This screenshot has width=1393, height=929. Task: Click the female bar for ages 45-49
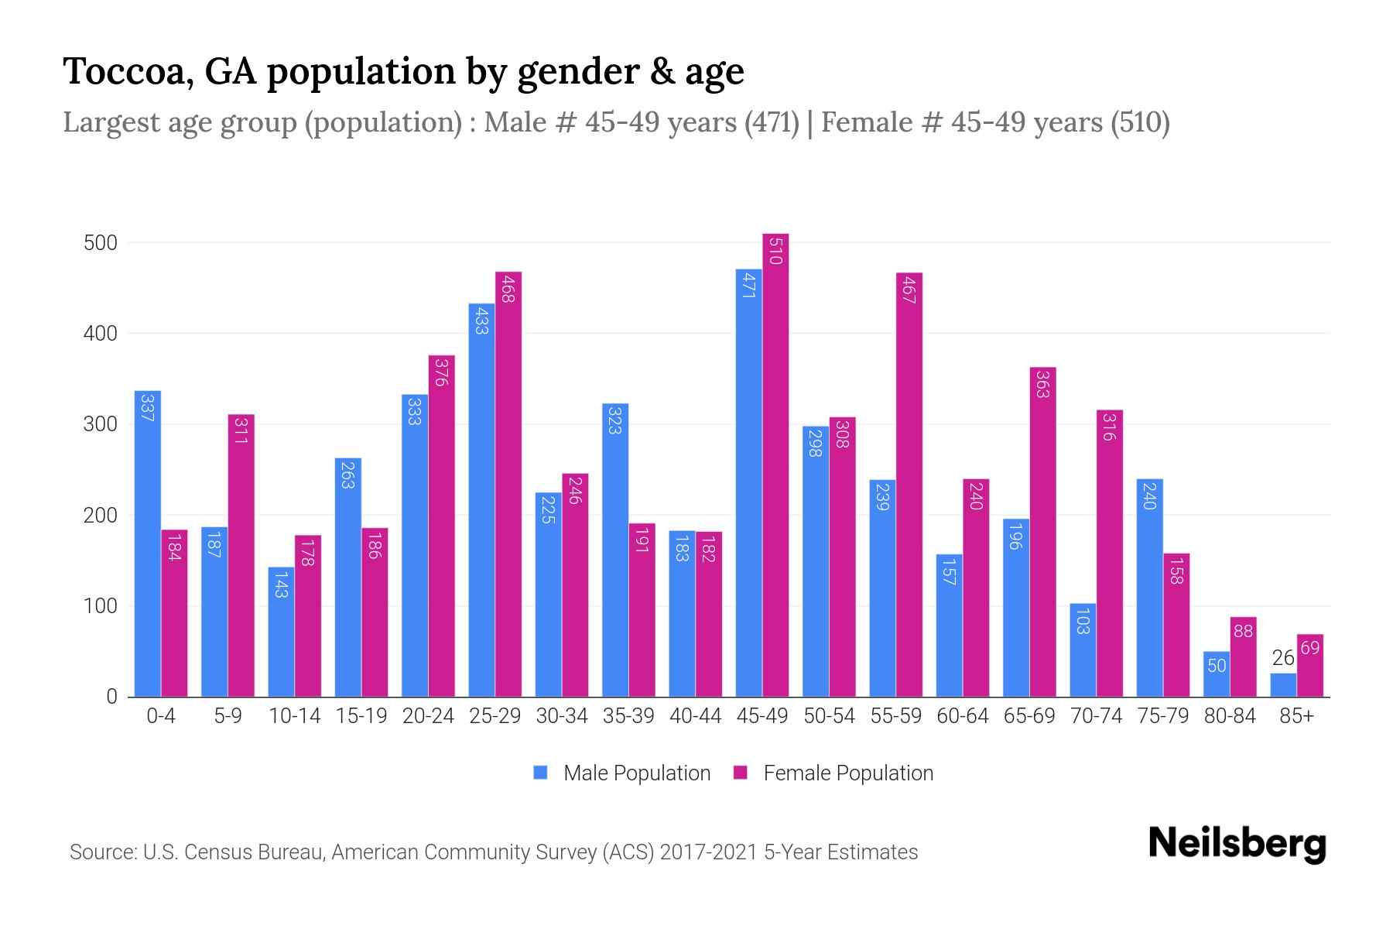[x=775, y=464]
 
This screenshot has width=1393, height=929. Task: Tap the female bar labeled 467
[x=909, y=485]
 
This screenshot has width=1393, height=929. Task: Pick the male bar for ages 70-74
[x=1083, y=650]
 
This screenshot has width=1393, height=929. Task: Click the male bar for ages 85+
[x=1283, y=685]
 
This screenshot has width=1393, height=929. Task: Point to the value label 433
[x=481, y=320]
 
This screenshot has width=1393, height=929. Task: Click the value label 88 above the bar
[x=1243, y=631]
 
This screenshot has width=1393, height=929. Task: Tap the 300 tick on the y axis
[x=101, y=424]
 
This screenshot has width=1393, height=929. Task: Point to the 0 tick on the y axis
[x=111, y=697]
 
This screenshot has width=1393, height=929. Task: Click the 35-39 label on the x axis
[x=628, y=716]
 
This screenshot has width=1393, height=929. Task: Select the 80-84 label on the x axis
[x=1230, y=716]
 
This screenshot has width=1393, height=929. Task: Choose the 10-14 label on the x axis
[x=294, y=716]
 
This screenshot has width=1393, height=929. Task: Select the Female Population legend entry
[x=833, y=773]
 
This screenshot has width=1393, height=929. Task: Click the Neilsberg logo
[x=1237, y=844]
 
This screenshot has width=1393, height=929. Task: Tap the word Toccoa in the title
[x=128, y=71]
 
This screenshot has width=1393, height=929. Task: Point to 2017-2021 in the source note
[x=708, y=852]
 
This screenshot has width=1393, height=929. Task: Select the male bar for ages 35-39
[x=615, y=550]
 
